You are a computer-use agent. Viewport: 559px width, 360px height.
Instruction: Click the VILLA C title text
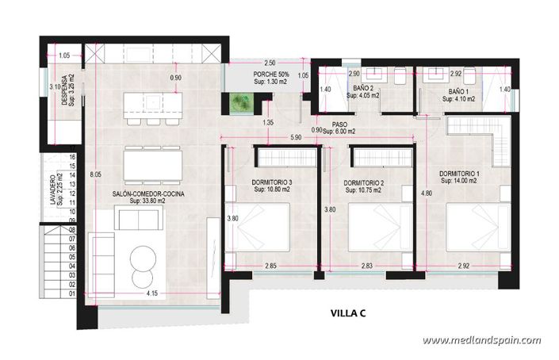pyautogui.click(x=347, y=313)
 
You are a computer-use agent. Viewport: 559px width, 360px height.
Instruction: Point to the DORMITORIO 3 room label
pyautogui.click(x=272, y=182)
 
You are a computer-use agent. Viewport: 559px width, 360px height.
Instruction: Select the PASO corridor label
pyautogui.click(x=339, y=124)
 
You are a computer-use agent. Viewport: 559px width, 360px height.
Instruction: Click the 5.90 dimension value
pyautogui.click(x=296, y=137)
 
